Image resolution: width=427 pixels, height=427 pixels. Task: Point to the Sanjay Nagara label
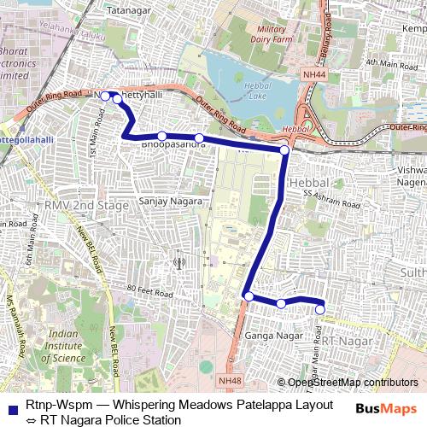tap(171, 201)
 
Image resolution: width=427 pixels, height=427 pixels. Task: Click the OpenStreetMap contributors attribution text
tap(353, 383)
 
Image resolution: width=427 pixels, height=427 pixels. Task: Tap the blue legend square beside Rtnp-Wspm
tap(11, 407)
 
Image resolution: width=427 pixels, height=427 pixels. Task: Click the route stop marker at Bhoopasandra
tap(161, 136)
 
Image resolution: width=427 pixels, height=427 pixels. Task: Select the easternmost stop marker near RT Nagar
tap(321, 310)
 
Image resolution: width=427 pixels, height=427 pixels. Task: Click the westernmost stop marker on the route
tap(105, 97)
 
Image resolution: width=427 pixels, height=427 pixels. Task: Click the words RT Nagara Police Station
tap(108, 420)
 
